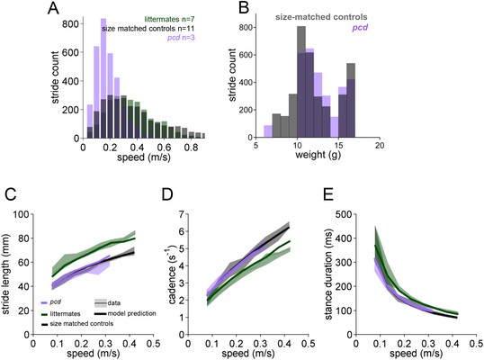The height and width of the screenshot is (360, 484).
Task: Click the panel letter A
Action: pos(54,8)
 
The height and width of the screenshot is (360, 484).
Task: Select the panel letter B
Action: pos(244,8)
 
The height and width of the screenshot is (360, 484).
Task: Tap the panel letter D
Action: pos(168,194)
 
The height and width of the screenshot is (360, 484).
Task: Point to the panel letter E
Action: pos(329,194)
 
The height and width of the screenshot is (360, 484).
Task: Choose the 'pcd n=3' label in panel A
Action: pos(181,38)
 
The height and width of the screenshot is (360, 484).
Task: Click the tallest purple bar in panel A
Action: pos(103,78)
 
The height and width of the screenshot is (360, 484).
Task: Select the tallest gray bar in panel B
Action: pos(301,82)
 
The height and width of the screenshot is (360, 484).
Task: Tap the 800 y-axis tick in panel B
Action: pos(245,28)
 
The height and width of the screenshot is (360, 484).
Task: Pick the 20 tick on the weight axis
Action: pos(380,146)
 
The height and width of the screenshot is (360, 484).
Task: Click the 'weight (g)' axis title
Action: pos(318,155)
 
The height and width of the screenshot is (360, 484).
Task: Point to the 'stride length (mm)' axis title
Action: pos(6,274)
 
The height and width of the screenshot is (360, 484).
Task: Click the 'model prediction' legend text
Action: pos(132,313)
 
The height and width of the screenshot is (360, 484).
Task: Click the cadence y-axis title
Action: pos(172,274)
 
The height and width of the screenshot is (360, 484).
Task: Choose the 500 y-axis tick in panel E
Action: pos(345,214)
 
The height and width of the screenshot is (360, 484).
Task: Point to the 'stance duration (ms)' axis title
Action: pos(328,274)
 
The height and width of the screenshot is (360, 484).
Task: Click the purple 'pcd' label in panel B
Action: pos(360,28)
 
